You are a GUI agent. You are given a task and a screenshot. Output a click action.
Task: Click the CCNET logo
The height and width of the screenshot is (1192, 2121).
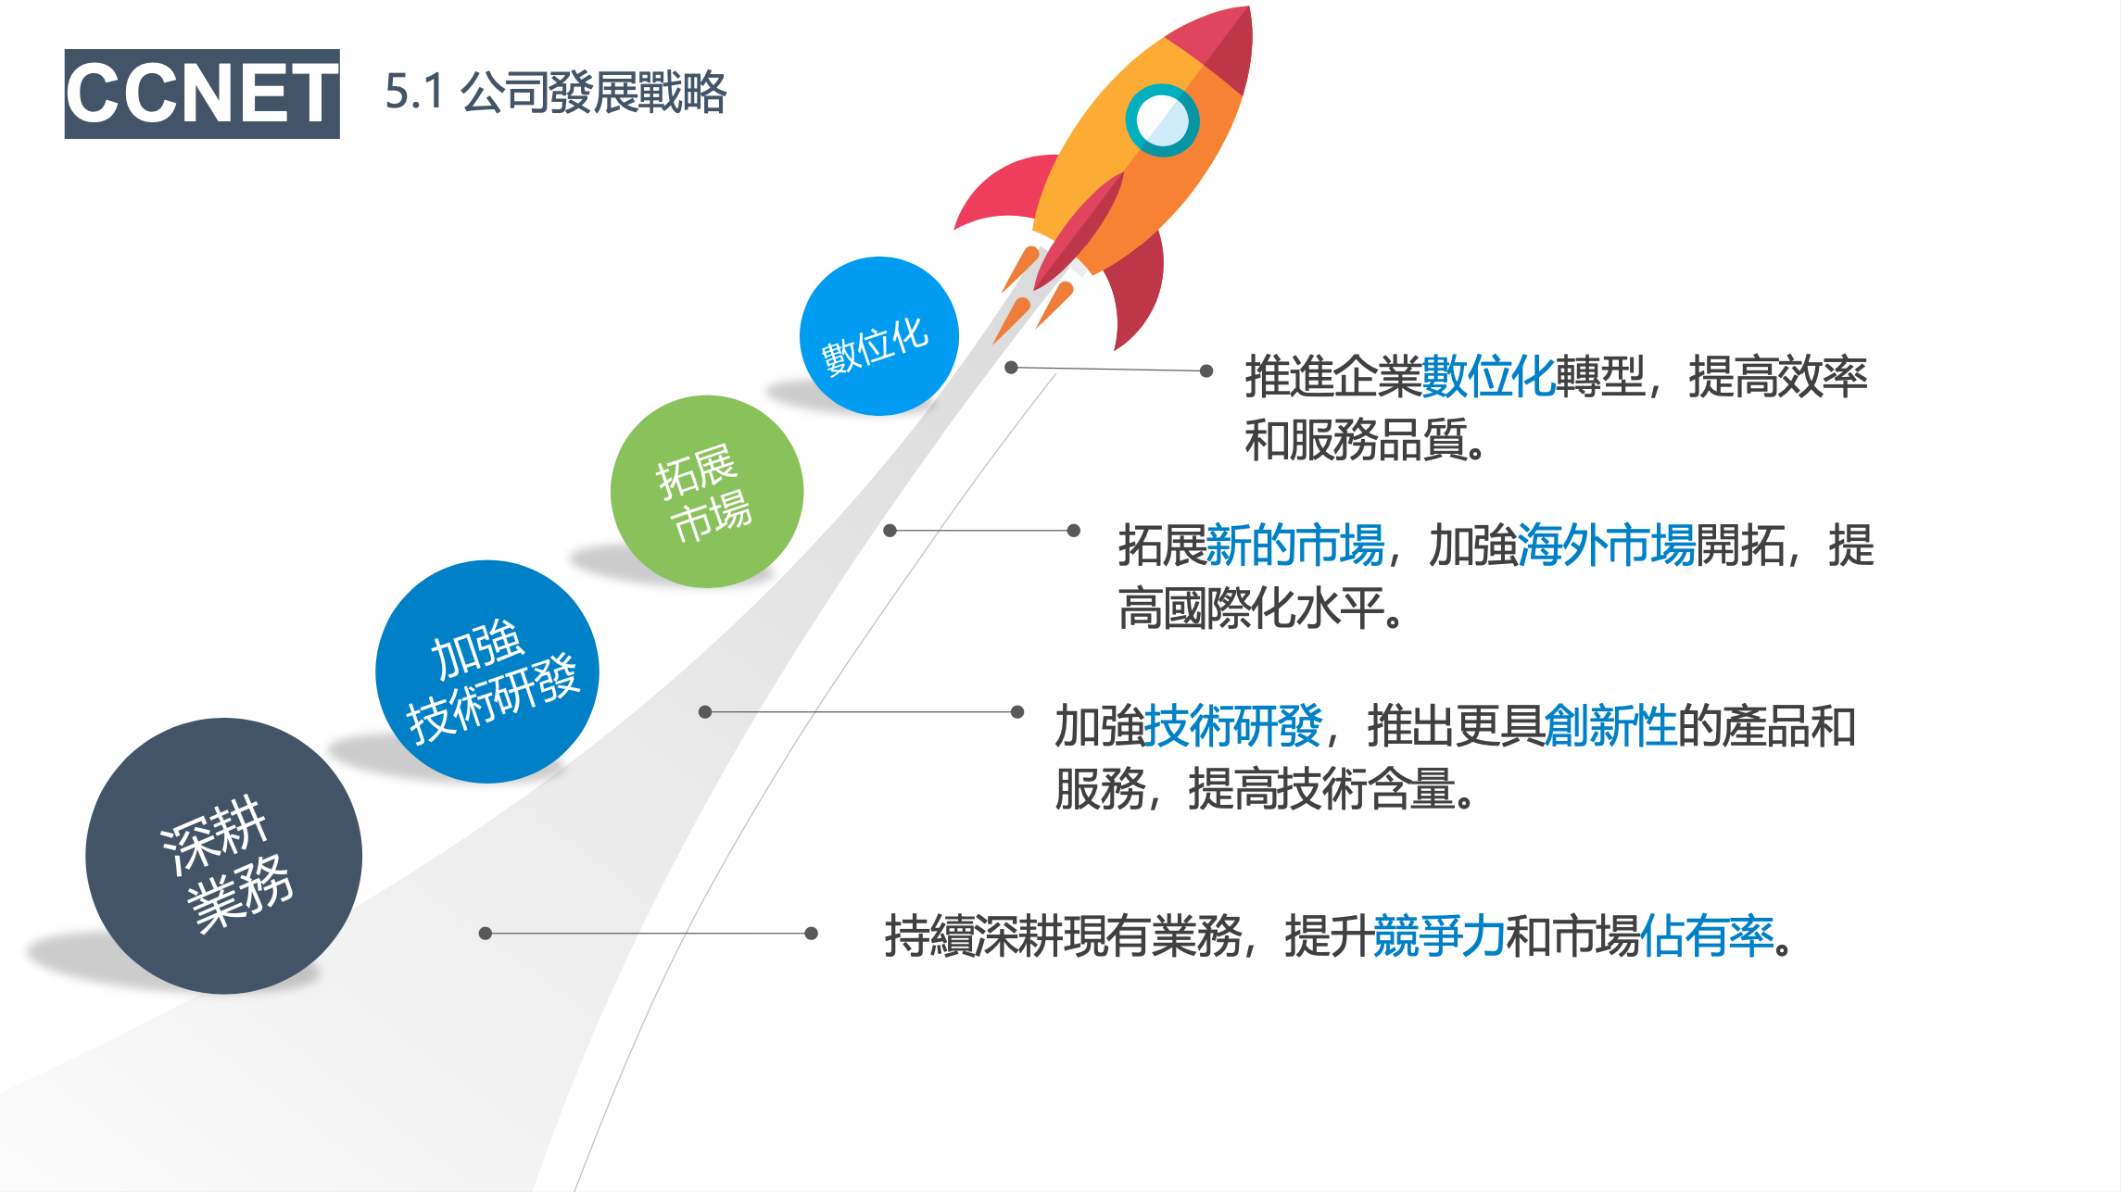(202, 94)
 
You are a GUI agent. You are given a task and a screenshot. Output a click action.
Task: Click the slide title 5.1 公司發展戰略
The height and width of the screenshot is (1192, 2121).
(556, 92)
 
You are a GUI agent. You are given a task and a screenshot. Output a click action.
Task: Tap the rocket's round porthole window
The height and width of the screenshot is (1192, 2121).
(1162, 120)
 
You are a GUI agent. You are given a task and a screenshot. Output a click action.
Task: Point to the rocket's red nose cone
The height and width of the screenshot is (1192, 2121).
(1214, 46)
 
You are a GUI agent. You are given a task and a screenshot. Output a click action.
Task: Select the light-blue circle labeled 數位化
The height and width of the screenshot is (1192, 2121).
(878, 336)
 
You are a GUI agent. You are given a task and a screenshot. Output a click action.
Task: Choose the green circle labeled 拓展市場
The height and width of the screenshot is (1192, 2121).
(707, 492)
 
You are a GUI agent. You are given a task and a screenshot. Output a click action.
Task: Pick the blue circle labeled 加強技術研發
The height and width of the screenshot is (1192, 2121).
(487, 671)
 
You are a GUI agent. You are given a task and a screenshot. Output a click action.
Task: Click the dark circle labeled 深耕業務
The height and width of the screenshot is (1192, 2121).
(223, 856)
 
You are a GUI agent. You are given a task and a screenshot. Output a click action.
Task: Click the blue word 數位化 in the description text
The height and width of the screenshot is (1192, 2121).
(1488, 376)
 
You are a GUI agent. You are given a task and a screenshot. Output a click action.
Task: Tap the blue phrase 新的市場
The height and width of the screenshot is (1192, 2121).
(1295, 545)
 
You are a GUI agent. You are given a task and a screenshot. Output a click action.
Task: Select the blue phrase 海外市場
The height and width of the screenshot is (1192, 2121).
(1607, 545)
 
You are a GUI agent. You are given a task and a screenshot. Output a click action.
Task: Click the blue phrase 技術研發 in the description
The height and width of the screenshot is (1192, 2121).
(1233, 725)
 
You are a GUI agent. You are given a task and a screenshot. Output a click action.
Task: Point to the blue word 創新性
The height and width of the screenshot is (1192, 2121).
(1610, 725)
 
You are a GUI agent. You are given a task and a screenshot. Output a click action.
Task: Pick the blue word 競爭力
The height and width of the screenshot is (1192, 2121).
(1440, 935)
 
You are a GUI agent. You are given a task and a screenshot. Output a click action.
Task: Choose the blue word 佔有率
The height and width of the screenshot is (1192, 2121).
(1707, 935)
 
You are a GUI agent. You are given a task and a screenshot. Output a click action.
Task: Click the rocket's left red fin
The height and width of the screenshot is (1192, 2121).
(1005, 190)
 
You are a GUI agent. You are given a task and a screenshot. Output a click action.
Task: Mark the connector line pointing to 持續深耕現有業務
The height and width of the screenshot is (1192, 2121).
(649, 934)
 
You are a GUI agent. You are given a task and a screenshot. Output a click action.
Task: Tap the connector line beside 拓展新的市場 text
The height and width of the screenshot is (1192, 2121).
(981, 531)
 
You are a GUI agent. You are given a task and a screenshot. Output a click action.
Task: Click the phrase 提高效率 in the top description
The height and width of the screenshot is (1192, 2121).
(1778, 376)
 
